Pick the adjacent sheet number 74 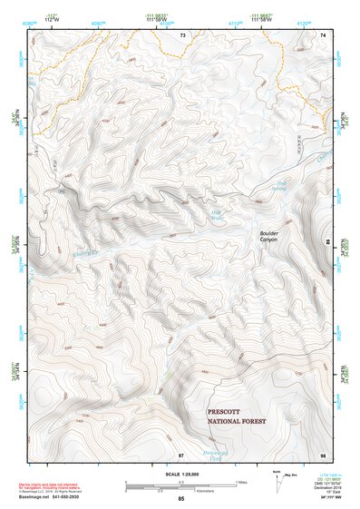322,34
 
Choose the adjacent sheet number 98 322,454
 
